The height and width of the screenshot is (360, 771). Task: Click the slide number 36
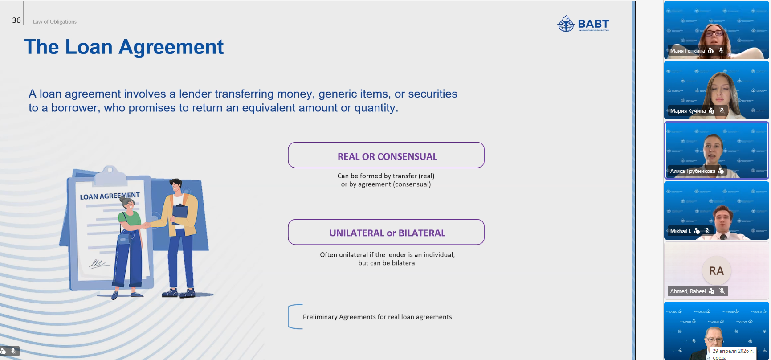pos(16,20)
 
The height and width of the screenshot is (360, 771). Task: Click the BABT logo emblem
pos(566,24)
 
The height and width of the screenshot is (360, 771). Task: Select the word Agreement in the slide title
pos(171,47)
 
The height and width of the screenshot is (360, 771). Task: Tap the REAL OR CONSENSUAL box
pos(386,155)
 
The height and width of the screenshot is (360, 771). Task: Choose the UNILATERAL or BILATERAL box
pos(386,232)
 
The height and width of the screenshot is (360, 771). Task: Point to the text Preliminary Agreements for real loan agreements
pos(377,317)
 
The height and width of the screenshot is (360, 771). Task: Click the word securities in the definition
pos(432,94)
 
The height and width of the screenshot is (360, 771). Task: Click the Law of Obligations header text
pos(55,21)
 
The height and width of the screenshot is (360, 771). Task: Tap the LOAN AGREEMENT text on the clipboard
pos(110,196)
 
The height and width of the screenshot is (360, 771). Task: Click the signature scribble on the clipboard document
pos(98,264)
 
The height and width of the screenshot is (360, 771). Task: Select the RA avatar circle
pos(716,270)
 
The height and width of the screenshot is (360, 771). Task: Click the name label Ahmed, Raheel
pos(688,291)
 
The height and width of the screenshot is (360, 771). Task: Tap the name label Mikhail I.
pos(681,231)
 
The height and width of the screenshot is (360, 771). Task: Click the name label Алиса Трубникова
pos(693,171)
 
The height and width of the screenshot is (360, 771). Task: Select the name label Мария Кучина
pos(688,111)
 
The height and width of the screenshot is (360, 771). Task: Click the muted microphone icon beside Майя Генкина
pos(721,50)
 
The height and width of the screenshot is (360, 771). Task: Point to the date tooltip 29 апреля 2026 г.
pos(733,354)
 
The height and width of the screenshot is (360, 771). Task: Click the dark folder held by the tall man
pos(180,211)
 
